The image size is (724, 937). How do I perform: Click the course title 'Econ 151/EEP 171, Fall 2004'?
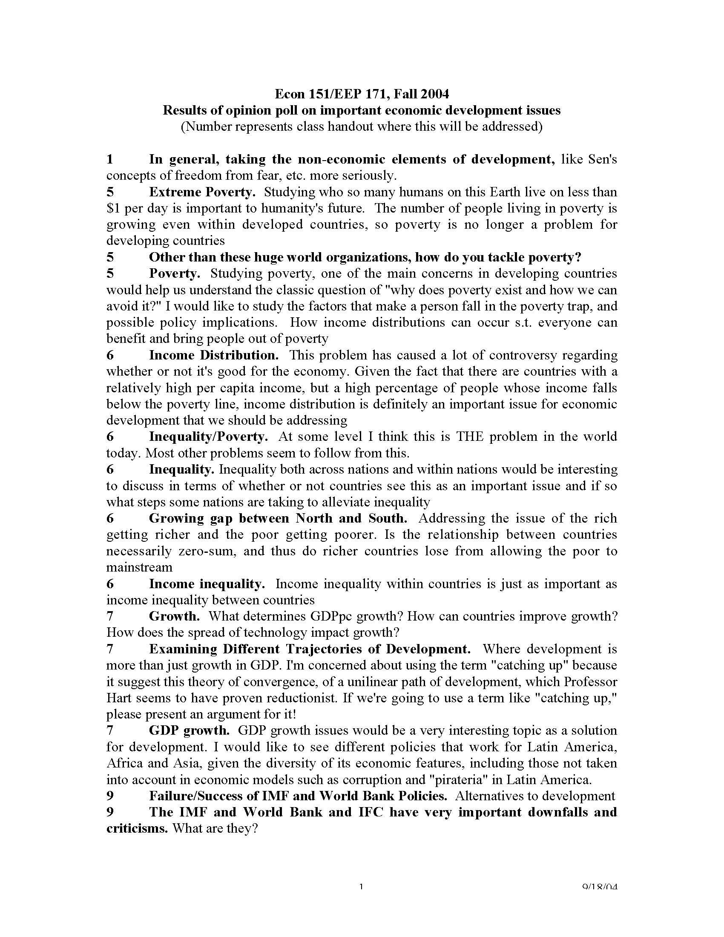[362, 94]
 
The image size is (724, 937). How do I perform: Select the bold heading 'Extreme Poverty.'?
[202, 192]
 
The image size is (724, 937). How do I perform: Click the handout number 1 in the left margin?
[110, 160]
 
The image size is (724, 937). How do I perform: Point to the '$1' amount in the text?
[113, 209]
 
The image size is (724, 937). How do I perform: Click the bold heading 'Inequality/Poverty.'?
[208, 437]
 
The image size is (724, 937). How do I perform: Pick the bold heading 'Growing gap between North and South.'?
[278, 518]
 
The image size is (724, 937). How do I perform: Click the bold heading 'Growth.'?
[174, 617]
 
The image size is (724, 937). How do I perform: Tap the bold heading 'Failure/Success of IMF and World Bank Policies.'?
[298, 796]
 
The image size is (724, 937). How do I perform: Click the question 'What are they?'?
[215, 828]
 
